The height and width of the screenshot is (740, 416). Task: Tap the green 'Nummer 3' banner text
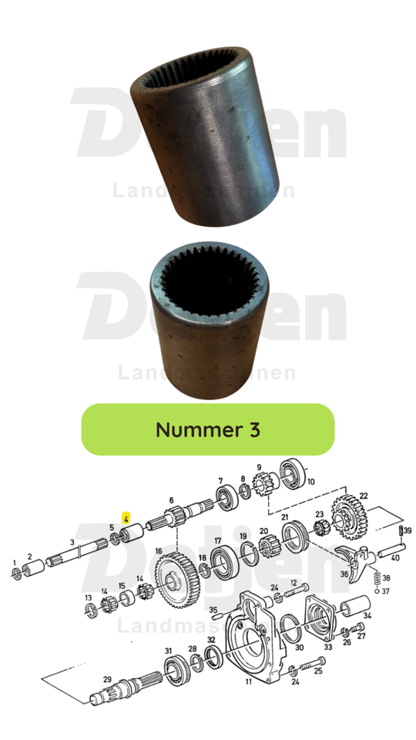click(x=208, y=429)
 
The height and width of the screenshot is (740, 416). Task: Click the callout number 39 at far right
click(x=408, y=531)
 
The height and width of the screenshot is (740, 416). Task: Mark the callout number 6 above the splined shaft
click(x=170, y=500)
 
